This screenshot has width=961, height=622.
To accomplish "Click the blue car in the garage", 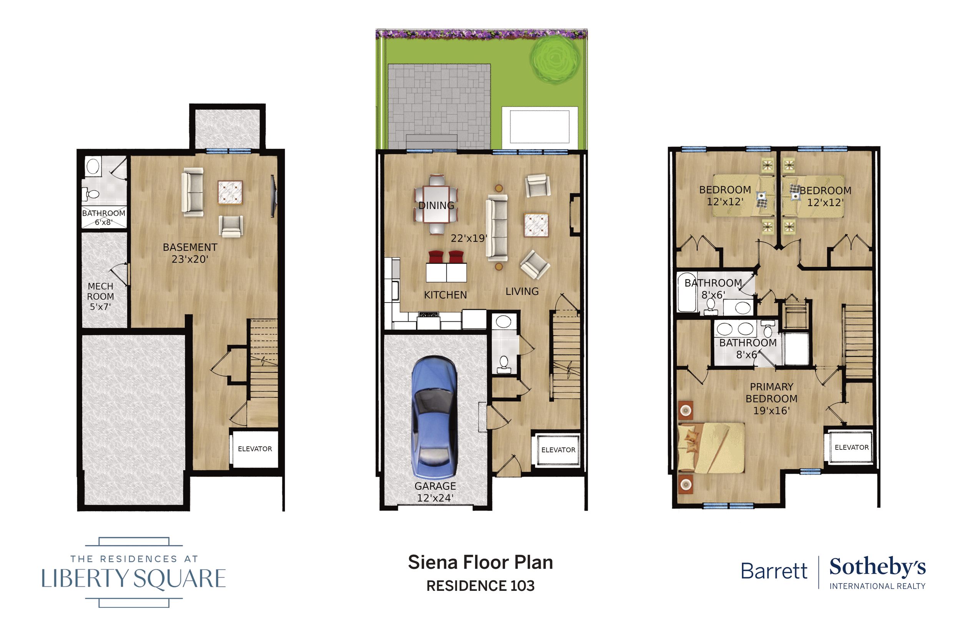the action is [434, 417].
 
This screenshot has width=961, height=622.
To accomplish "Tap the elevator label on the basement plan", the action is [255, 449].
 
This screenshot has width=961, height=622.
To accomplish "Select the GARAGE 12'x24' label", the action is [435, 492].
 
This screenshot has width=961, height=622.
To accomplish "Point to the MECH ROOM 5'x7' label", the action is [101, 296].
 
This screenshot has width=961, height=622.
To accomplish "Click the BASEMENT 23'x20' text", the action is [190, 253].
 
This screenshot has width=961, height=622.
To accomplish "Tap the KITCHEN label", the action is [446, 295].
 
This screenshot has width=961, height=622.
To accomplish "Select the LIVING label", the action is [522, 291].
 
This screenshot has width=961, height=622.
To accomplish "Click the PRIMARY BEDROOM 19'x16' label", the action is [771, 399].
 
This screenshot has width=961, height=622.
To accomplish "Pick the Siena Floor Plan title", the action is [480, 562].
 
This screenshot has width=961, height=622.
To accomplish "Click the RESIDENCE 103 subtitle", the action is [480, 585].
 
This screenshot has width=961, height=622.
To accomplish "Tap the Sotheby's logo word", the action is [878, 567].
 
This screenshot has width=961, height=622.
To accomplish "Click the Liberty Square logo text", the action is [134, 578].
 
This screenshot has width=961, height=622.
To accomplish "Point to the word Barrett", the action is [774, 571].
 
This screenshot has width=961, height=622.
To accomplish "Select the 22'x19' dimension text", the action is [469, 238].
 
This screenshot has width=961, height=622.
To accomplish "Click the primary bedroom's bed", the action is [711, 447].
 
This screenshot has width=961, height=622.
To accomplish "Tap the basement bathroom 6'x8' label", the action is [104, 217].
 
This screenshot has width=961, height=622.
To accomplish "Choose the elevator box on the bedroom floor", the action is [851, 447].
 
